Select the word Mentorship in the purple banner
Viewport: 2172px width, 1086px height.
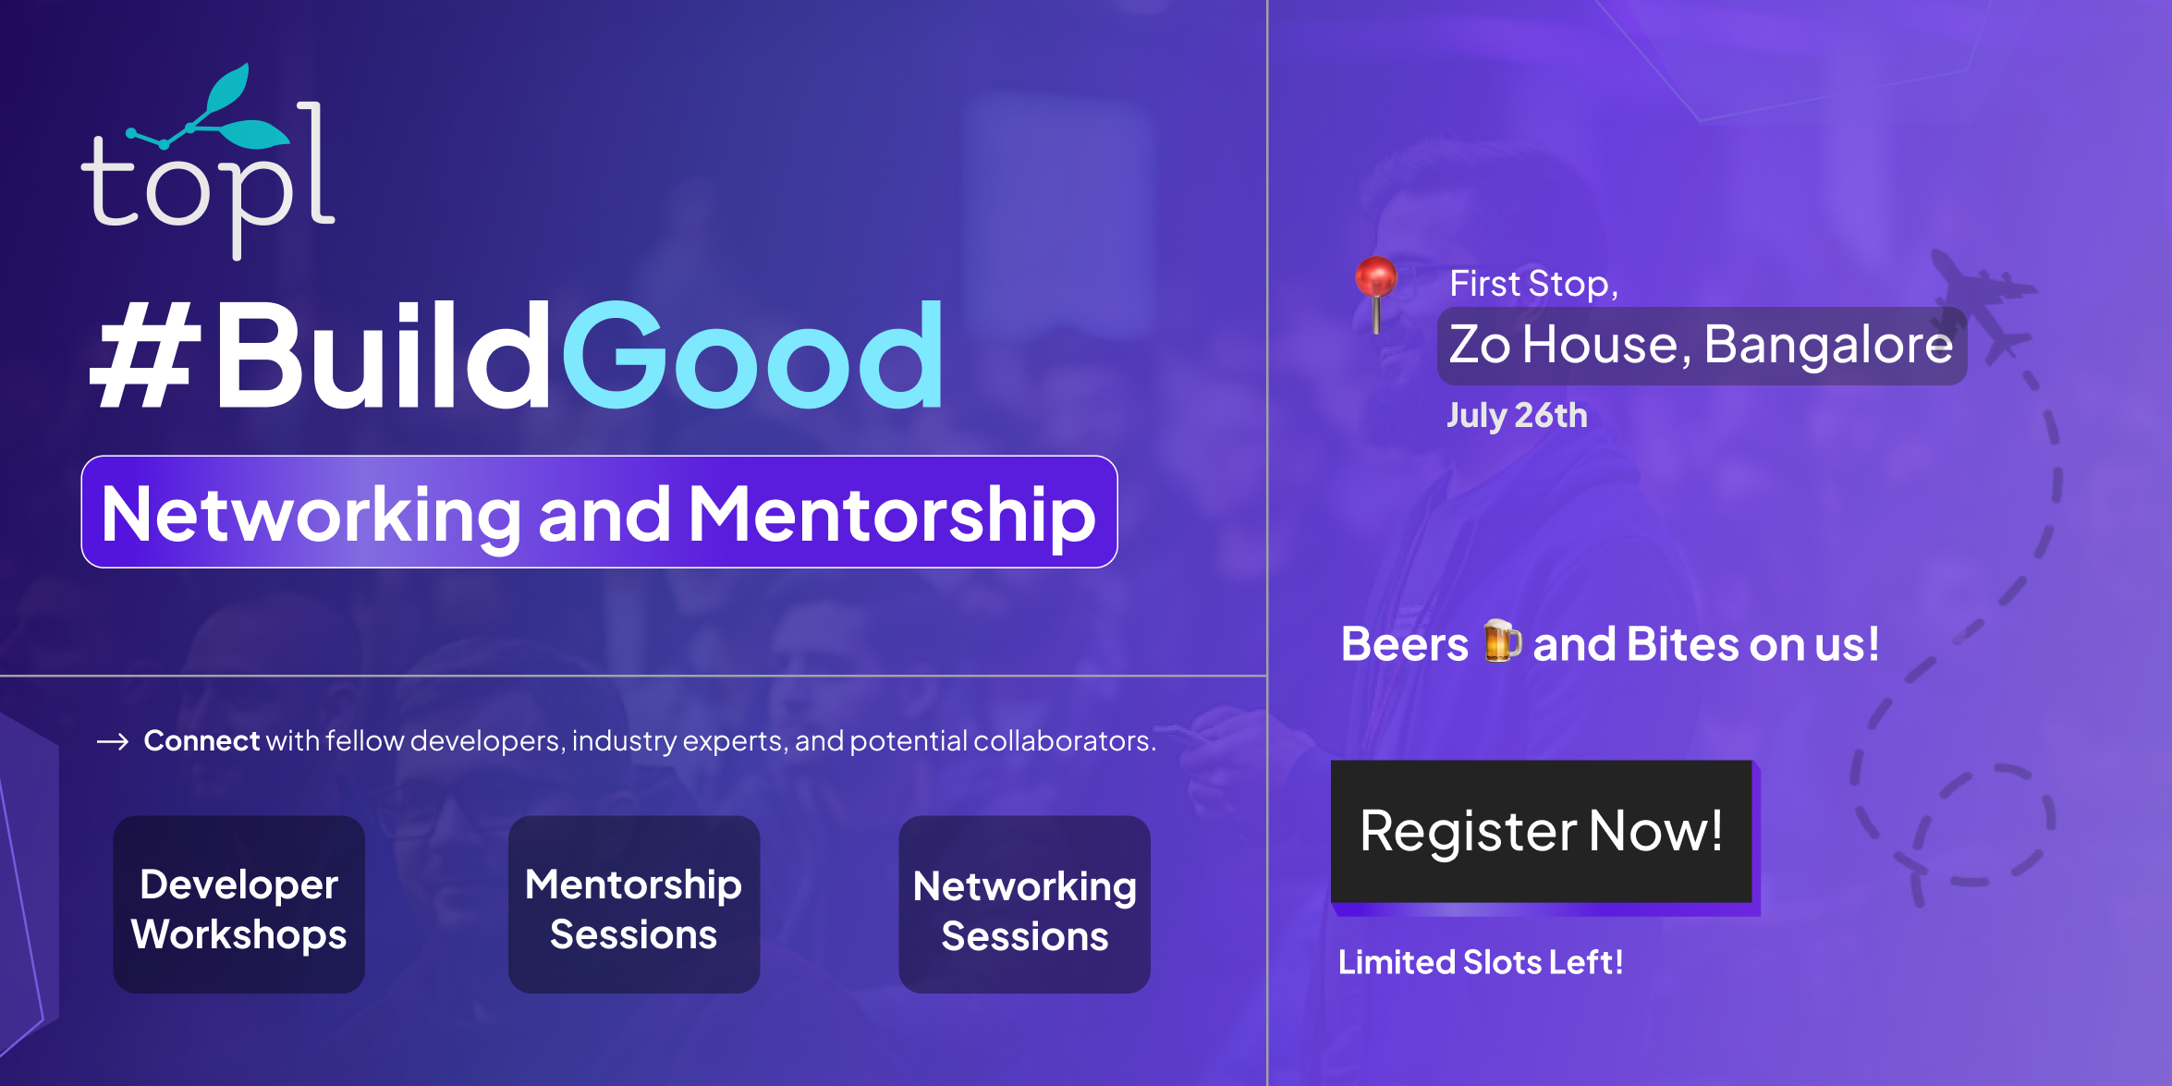pos(892,515)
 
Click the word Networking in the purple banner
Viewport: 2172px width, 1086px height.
pos(311,515)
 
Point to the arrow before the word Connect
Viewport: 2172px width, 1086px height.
pos(113,741)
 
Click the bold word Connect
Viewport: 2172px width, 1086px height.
pos(201,740)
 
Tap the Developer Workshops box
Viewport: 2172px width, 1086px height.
pos(239,904)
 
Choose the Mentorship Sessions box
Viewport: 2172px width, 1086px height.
pos(634,904)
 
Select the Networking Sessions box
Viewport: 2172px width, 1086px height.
pos(1025,904)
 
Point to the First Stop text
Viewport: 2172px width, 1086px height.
pos(1534,284)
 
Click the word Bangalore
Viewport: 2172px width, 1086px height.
pos(1828,346)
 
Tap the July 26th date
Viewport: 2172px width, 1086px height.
pos(1518,416)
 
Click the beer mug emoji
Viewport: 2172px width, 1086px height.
pos(1502,641)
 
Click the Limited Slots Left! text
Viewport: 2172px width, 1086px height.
pos(1481,962)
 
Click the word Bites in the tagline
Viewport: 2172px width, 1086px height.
pos(1682,644)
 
